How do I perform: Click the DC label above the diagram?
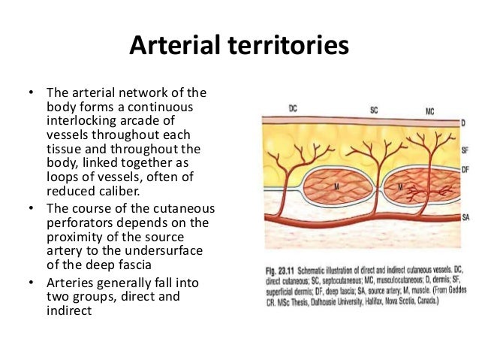coord(293,110)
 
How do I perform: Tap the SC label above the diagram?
coord(374,110)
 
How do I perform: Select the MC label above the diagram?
coord(429,112)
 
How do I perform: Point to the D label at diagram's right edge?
coord(464,123)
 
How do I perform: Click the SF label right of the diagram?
coord(465,151)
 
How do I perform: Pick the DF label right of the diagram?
coord(465,171)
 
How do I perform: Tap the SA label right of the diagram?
coord(465,217)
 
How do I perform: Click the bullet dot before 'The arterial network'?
coord(31,94)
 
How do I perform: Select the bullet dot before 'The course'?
coord(31,208)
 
